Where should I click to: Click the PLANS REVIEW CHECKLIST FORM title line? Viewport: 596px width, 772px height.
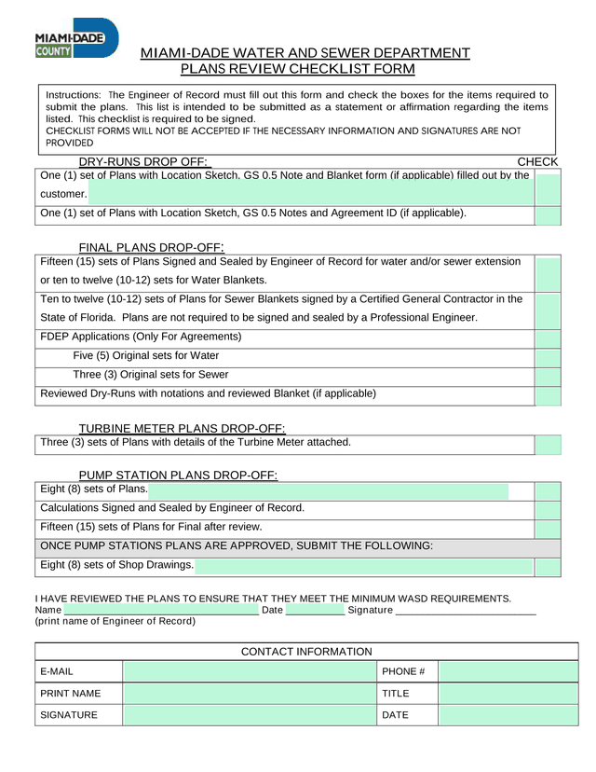coord(297,70)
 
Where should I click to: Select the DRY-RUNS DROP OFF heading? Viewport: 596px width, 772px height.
coord(142,162)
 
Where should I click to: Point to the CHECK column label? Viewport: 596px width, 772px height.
coord(537,162)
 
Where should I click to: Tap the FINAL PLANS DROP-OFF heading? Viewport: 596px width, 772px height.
coord(150,247)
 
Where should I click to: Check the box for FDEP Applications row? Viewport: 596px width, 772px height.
coord(549,337)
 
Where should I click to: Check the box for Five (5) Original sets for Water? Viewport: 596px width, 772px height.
coord(549,356)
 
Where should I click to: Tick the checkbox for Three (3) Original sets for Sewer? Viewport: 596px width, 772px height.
coord(549,375)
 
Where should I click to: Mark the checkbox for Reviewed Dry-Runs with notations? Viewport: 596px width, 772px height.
coord(549,394)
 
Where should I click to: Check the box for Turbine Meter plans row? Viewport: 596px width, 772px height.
coord(549,443)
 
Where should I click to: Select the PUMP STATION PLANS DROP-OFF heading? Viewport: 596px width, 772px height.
coord(178,476)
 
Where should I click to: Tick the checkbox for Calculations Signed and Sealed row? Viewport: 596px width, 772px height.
coord(549,509)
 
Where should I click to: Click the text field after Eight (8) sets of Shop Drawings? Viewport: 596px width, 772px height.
coord(363,566)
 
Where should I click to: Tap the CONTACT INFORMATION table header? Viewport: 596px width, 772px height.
coord(306,652)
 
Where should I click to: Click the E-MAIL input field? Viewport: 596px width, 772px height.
coord(249,671)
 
